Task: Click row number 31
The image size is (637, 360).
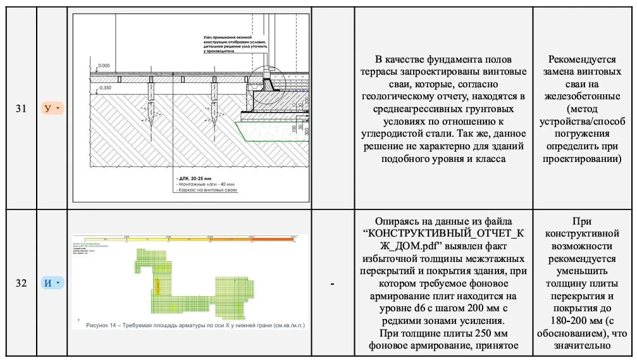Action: (x=21, y=108)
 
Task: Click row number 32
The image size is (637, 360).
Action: (x=21, y=283)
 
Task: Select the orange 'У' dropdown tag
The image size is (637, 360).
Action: (x=51, y=108)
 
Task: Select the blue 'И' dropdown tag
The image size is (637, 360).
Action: (x=51, y=283)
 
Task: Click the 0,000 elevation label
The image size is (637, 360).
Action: (x=104, y=66)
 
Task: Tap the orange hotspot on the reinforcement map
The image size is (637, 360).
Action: (x=158, y=287)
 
